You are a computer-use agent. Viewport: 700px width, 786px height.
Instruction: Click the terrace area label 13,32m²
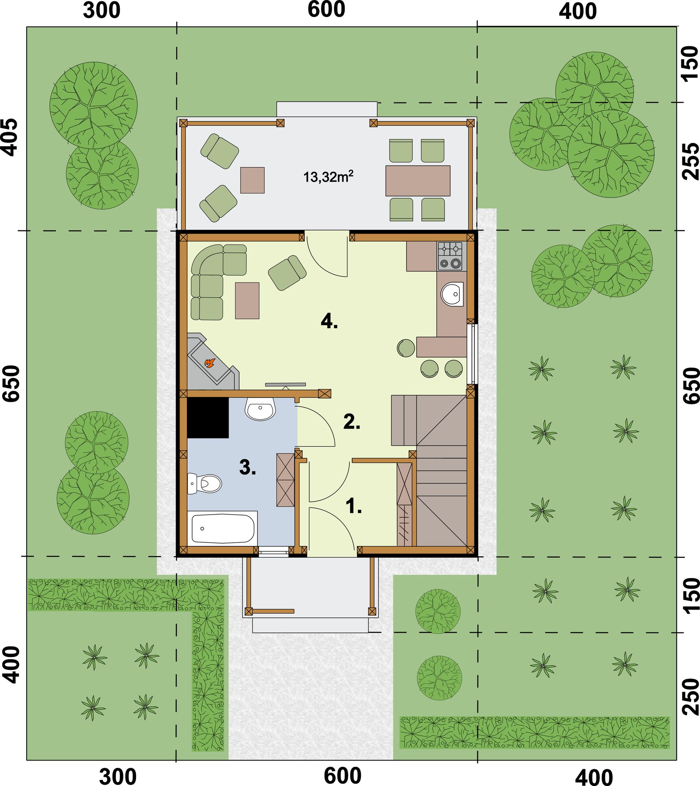point(328,177)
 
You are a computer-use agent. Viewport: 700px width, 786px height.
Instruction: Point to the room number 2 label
point(352,422)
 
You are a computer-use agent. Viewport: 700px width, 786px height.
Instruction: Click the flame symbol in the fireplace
point(209,363)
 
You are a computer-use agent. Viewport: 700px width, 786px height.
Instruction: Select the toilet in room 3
point(205,483)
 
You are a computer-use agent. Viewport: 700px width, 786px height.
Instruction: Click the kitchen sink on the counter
point(452,294)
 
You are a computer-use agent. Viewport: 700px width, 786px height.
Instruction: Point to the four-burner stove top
point(450,256)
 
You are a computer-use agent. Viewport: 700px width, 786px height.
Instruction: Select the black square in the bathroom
point(208,418)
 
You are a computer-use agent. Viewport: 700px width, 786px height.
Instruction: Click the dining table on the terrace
point(418,181)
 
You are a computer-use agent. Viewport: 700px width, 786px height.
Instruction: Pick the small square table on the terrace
point(252,180)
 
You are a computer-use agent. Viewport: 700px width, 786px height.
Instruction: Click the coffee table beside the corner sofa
point(247,301)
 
